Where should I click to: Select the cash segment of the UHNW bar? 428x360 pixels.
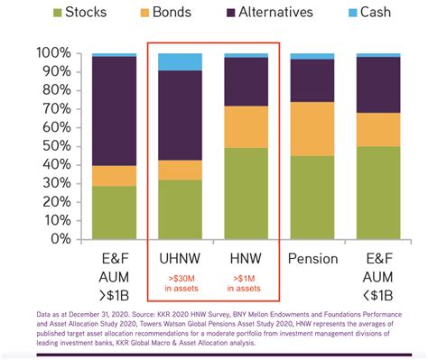(180, 61)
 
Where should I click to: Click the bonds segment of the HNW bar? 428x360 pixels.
(246, 126)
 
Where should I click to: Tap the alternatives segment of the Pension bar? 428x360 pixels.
(312, 80)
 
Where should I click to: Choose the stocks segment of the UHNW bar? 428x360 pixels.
(180, 209)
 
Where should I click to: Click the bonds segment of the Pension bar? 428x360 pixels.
(312, 129)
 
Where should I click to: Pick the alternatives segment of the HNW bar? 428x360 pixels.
(246, 81)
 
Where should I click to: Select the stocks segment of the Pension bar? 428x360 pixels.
(312, 198)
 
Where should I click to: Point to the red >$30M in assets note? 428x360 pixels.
(180, 282)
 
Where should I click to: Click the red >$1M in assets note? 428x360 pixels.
(246, 282)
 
